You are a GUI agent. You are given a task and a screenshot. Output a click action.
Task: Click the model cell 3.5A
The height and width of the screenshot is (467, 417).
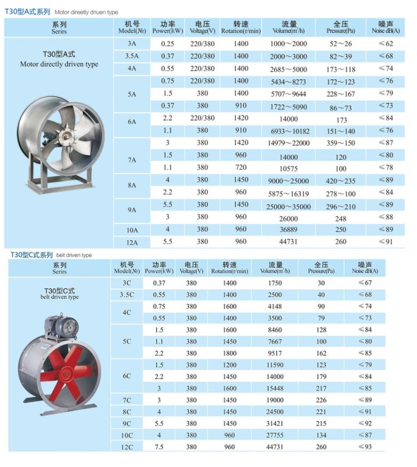pos(132,56)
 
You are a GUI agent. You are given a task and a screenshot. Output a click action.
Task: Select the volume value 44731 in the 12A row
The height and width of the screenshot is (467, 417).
pos(288,242)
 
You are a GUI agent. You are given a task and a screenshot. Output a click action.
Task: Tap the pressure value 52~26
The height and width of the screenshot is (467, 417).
pos(341,44)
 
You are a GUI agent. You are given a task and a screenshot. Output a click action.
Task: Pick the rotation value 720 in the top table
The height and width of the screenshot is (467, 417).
pos(241,168)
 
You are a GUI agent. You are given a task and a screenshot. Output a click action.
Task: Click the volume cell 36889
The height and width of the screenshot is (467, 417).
pos(288,230)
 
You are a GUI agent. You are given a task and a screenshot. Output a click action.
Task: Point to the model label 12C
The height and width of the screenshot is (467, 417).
pos(126,447)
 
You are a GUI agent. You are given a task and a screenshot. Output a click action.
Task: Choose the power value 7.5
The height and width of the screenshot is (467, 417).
pos(159,447)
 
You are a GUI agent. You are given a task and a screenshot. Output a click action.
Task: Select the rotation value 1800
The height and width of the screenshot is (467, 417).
pos(229,353)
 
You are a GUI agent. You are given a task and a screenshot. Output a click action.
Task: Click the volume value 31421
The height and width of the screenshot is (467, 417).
pos(275,424)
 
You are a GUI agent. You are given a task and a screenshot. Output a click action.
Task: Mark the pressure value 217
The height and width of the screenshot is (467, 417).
pos(321,388)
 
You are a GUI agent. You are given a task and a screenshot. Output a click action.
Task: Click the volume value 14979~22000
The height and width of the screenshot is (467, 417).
pos(288,143)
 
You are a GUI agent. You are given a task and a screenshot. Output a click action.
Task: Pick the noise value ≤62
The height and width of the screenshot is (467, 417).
pos(385,44)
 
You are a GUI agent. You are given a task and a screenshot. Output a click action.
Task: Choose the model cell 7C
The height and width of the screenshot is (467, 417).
pos(126,400)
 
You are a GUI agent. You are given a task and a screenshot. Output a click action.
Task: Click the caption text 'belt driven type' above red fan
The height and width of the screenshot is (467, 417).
pos(59,297)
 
